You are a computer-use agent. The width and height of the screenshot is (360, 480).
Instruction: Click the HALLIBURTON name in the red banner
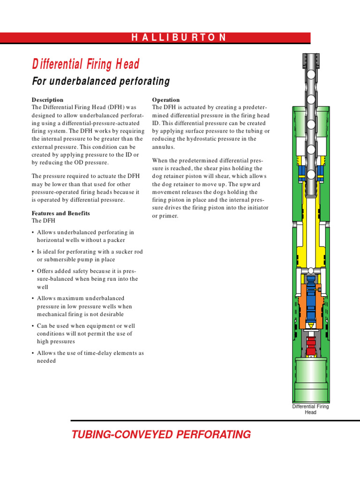pyautogui.click(x=179, y=38)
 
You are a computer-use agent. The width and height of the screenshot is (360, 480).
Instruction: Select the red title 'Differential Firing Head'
pyautogui.click(x=85, y=64)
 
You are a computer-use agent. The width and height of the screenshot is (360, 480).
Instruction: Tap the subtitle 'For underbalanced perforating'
pyautogui.click(x=100, y=82)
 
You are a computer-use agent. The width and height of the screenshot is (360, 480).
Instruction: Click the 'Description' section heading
pyautogui.click(x=47, y=100)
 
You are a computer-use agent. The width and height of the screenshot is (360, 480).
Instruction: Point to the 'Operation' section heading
pyautogui.click(x=166, y=100)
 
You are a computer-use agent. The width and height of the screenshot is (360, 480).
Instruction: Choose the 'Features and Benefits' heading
pyautogui.click(x=60, y=213)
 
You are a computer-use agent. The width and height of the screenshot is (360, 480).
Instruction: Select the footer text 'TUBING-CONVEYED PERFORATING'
pyautogui.click(x=161, y=435)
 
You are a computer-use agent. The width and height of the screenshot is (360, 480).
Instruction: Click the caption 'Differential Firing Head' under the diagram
pyautogui.click(x=310, y=409)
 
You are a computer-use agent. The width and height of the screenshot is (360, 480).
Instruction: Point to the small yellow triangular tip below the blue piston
pyautogui.click(x=310, y=324)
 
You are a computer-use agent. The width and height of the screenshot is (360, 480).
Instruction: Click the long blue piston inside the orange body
pyautogui.click(x=310, y=300)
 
